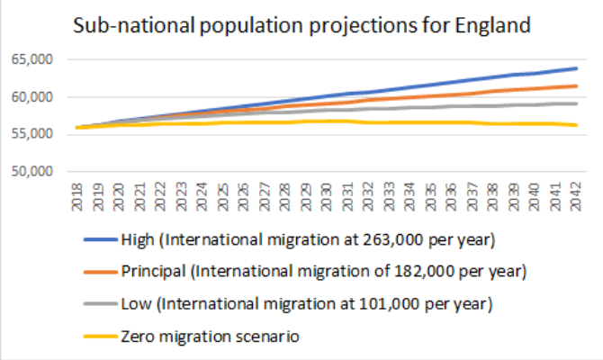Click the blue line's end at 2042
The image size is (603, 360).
click(576, 68)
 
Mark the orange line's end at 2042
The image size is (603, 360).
click(576, 85)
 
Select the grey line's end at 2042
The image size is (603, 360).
click(576, 103)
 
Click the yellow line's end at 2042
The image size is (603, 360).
click(576, 125)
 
